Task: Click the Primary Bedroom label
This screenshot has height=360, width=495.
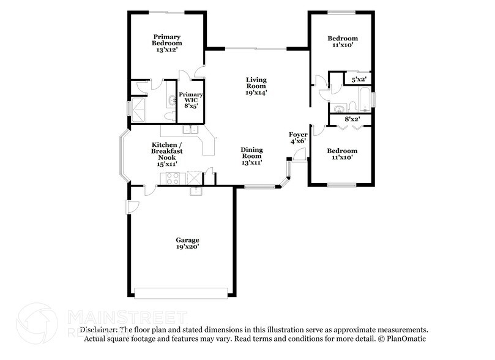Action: click(166, 43)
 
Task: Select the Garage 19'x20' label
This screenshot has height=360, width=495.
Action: click(188, 243)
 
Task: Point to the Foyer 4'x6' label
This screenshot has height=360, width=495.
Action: click(298, 137)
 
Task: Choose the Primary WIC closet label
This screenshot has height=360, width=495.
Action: click(187, 100)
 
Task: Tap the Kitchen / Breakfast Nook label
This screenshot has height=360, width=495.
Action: click(166, 155)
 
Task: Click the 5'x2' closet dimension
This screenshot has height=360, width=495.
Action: click(357, 80)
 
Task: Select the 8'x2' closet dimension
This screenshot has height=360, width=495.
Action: click(351, 119)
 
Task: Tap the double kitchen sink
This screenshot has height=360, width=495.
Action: click(190, 129)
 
